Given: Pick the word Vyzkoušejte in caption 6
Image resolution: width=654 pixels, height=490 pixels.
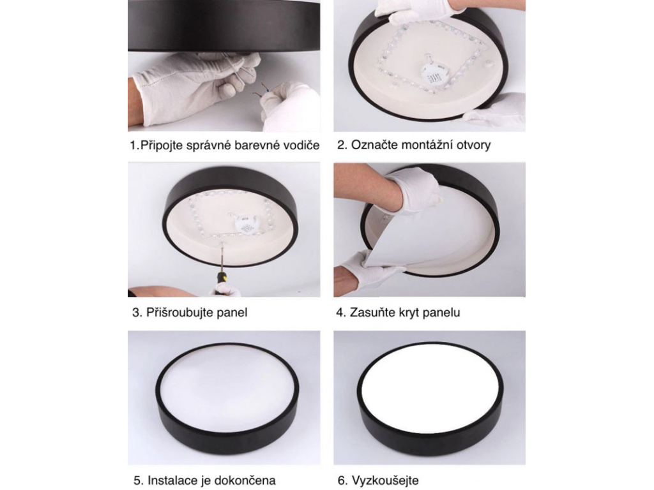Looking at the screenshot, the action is (385, 480).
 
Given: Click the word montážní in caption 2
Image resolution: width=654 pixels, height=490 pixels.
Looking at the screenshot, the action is (424, 145).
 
